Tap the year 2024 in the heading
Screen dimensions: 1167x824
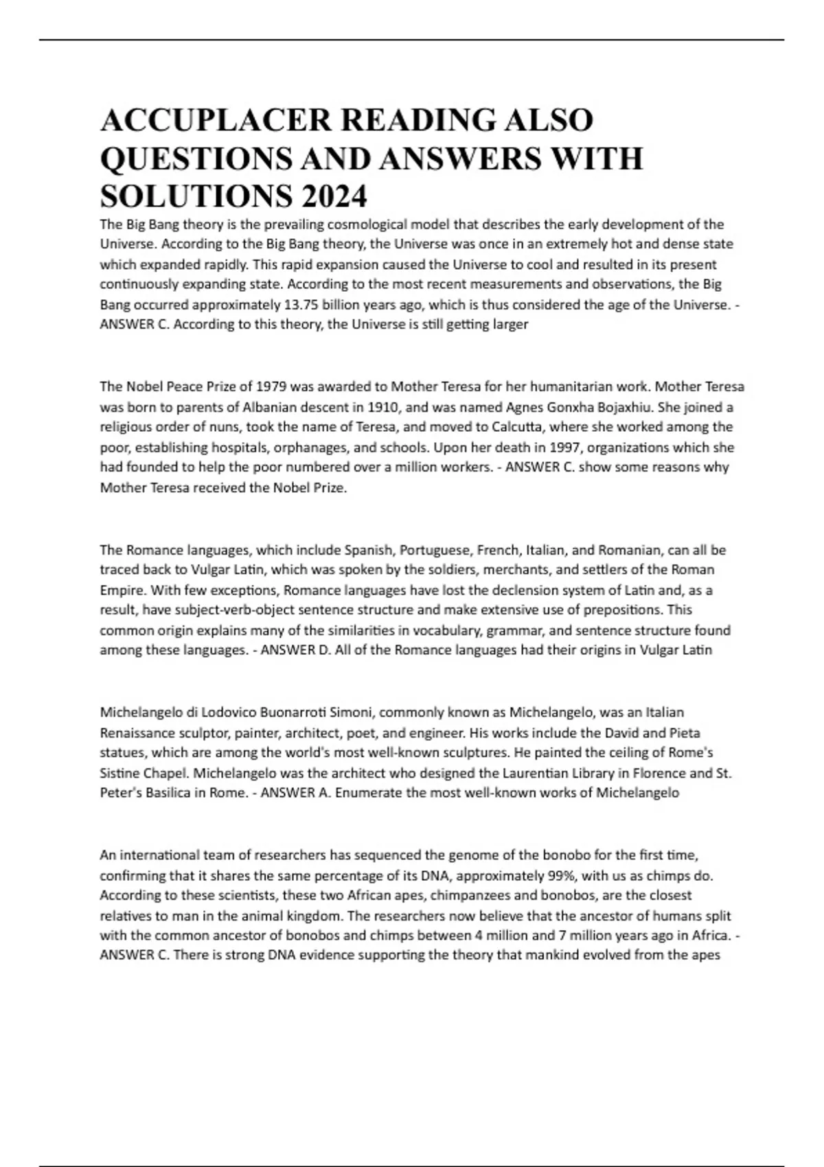pos(332,198)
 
